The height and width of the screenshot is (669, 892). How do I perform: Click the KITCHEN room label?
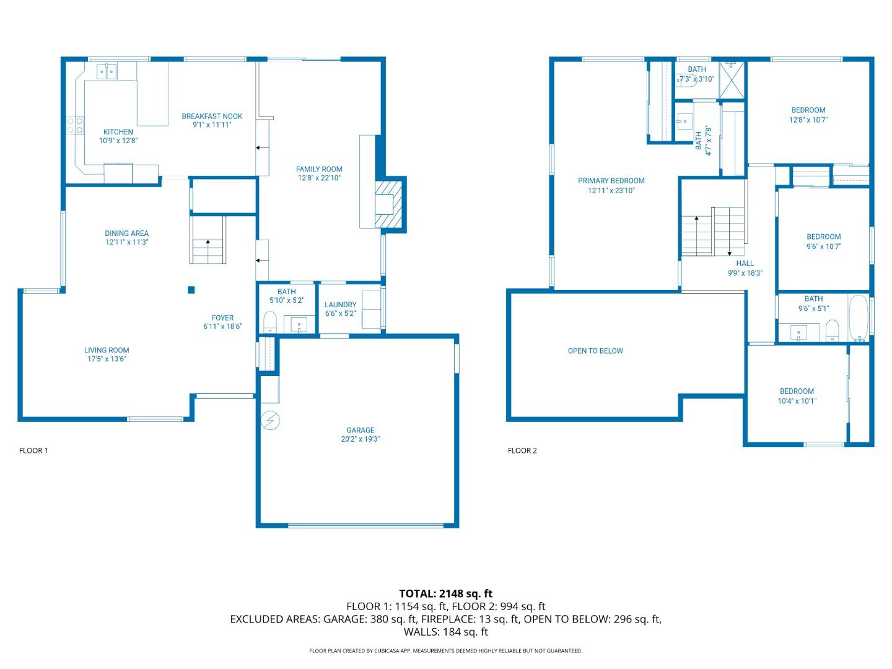118,132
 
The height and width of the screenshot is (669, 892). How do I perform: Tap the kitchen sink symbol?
108,72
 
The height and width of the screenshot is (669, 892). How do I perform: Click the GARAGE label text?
360,430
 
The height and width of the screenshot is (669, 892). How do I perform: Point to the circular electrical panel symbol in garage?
270,421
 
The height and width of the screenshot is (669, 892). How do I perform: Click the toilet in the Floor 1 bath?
269,322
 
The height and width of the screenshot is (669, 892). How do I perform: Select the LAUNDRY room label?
340,305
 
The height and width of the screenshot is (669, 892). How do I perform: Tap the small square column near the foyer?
191,290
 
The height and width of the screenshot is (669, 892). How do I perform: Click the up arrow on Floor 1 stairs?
208,243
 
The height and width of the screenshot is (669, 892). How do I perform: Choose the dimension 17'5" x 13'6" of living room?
107,359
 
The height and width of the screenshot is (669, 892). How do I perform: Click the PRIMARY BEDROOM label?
611,181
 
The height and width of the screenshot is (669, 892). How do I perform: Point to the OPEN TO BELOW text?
595,351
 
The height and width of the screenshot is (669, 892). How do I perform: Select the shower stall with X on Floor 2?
732,79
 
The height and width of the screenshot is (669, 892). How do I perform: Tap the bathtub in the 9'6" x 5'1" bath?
859,318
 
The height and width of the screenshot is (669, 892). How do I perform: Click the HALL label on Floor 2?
745,263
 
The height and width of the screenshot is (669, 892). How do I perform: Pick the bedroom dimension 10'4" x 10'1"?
797,401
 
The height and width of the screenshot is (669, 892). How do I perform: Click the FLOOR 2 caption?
522,450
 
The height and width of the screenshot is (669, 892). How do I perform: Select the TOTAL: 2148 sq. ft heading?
445,593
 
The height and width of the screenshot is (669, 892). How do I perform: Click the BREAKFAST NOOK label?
212,116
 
